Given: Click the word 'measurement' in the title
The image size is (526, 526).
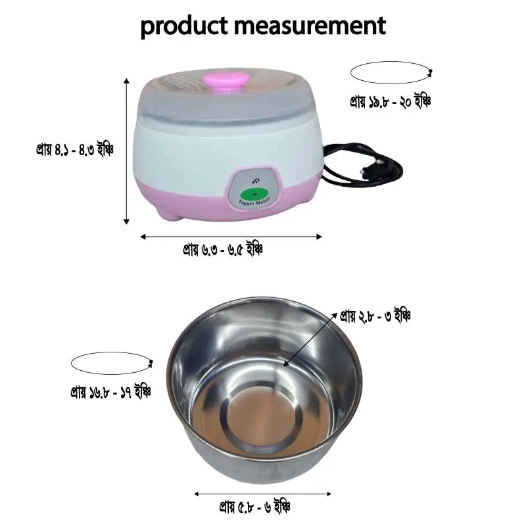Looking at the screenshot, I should [x=310, y=26].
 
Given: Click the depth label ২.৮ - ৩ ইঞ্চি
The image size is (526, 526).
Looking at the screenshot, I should [x=375, y=316].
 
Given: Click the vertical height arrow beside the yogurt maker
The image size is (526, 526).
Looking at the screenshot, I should [x=127, y=151].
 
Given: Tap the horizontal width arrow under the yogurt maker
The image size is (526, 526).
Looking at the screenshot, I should [x=231, y=236].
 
